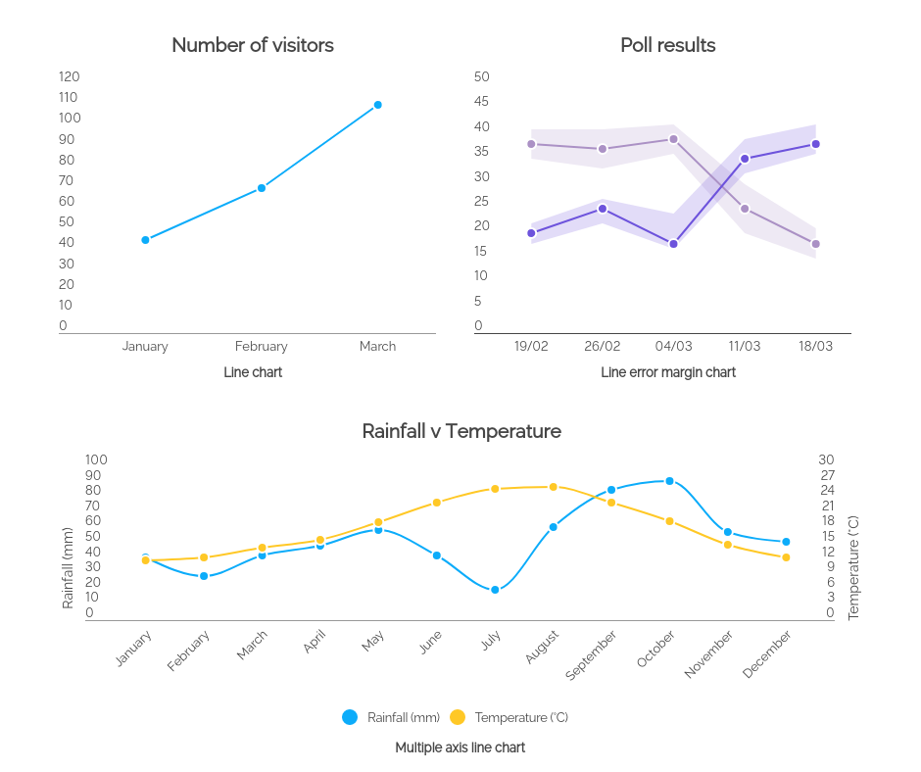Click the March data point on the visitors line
(x=377, y=105)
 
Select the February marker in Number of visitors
(x=262, y=188)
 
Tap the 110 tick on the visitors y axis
(x=69, y=97)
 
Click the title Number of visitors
(x=253, y=45)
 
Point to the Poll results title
(x=667, y=45)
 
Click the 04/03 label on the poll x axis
(x=673, y=346)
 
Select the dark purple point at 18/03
(x=815, y=144)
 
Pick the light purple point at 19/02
(x=531, y=144)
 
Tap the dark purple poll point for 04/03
(x=673, y=244)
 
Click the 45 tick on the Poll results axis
(x=481, y=102)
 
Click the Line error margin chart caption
(x=667, y=372)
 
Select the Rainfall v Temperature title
(x=461, y=431)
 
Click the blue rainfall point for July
(x=495, y=590)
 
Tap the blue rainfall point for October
(x=669, y=481)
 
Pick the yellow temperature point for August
(x=553, y=487)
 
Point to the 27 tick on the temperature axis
(x=826, y=475)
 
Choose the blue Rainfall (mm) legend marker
(x=350, y=717)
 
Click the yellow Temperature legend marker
(x=458, y=717)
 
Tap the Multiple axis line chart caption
(x=460, y=748)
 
